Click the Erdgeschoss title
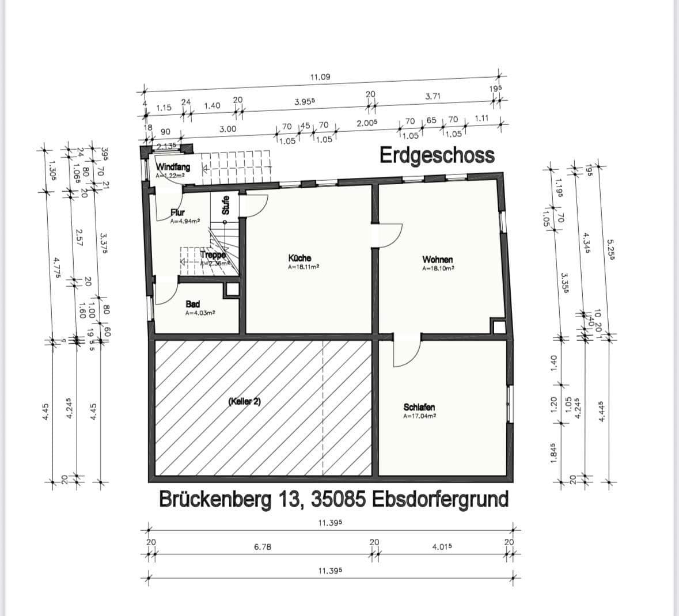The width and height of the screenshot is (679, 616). click(x=437, y=155)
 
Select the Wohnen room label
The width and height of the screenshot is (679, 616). click(x=437, y=260)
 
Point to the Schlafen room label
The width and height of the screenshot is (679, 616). click(x=419, y=407)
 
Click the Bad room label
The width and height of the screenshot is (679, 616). click(x=192, y=304)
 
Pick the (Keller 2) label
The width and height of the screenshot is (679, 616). click(x=244, y=401)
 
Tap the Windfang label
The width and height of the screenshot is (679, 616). click(x=173, y=167)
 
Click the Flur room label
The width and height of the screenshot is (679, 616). click(x=177, y=213)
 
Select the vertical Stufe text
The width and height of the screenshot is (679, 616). click(x=226, y=205)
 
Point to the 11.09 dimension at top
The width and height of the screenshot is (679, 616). click(x=320, y=77)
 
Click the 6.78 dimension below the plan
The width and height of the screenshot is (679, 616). click(x=263, y=547)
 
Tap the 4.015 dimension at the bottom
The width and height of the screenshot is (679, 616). click(x=441, y=547)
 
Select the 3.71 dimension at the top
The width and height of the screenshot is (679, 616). click(x=433, y=96)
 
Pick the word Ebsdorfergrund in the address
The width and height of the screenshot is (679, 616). click(x=441, y=499)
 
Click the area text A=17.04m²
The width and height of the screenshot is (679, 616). click(x=419, y=416)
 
